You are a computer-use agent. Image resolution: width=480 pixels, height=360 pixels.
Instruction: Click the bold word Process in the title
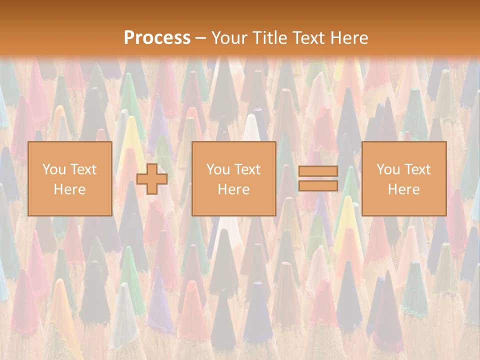tap(157, 37)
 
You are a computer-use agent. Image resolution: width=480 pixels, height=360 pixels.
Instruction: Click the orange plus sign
tap(152, 178)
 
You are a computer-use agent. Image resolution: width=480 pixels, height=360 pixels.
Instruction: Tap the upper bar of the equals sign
tap(318, 171)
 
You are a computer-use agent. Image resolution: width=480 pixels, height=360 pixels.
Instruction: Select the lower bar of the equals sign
tap(318, 185)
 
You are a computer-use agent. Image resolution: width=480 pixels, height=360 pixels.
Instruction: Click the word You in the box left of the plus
tap(53, 169)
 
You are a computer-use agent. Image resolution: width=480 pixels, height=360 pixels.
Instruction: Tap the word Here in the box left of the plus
tap(69, 189)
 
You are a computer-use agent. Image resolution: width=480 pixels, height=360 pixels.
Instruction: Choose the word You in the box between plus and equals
tap(217, 169)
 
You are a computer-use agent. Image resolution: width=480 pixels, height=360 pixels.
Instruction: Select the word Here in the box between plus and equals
tap(233, 189)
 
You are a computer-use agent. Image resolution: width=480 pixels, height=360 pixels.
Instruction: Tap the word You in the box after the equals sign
tap(387, 169)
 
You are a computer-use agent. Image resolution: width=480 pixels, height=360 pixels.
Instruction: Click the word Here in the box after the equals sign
tap(403, 189)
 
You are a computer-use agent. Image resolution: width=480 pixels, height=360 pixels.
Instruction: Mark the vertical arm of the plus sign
tap(152, 168)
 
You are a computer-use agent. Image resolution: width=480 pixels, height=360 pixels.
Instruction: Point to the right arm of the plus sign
tap(161, 178)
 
